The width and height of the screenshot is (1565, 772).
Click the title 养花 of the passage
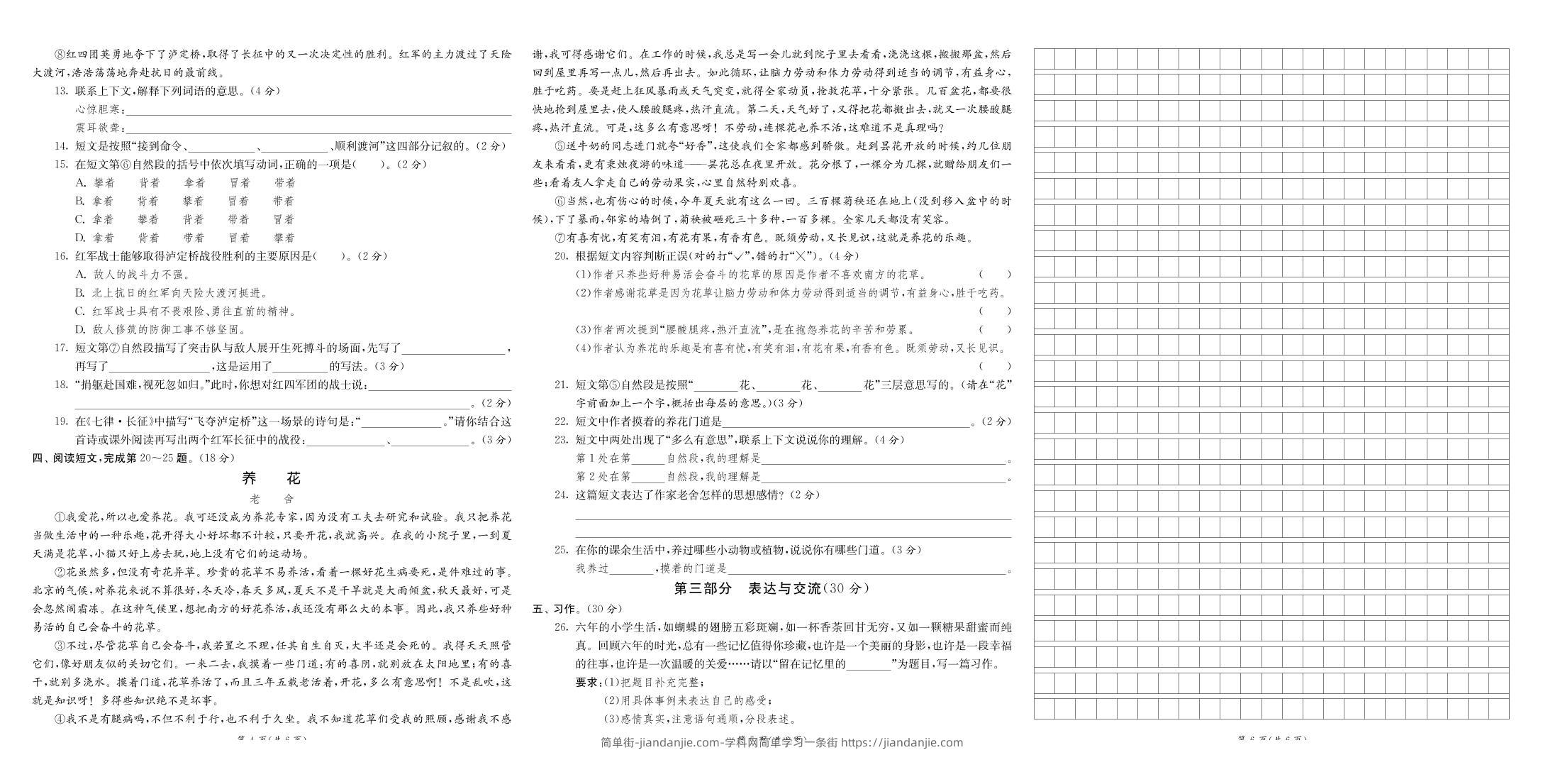coord(272,478)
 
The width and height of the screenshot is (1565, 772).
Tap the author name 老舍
coord(272,499)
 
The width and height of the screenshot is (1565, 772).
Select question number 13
coord(61,91)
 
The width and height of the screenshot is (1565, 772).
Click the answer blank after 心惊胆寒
coord(318,110)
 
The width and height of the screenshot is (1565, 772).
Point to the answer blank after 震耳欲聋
coord(318,128)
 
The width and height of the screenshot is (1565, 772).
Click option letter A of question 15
coord(80,183)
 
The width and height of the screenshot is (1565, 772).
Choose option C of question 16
coord(80,311)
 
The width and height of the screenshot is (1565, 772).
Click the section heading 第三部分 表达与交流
coord(771,588)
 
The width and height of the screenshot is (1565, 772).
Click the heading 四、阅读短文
coord(133,458)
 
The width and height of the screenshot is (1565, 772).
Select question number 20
coord(561,257)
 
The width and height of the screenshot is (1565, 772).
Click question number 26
coord(561,627)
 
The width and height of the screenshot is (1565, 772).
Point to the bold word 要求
coord(586,683)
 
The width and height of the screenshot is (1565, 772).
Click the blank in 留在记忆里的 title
coord(869,665)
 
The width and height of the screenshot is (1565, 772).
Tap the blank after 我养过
coord(630,569)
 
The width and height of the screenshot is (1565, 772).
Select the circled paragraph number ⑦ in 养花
coord(559,238)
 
